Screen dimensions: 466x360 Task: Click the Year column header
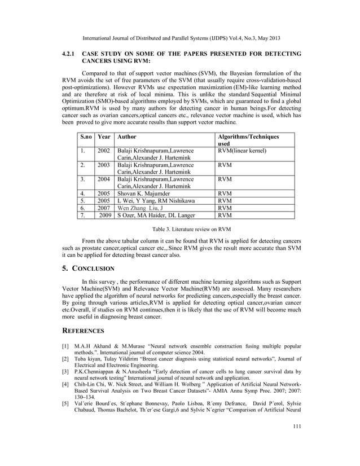pos(104,137)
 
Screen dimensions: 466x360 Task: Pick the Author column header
pos(126,137)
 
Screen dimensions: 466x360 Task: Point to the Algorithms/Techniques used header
pos(248,140)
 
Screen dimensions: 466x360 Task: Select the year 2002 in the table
pos(104,151)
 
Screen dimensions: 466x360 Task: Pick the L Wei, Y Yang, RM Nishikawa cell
pos(156,199)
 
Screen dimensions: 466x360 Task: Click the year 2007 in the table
pos(104,207)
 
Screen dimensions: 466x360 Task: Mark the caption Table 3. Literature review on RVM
pos(180,230)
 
